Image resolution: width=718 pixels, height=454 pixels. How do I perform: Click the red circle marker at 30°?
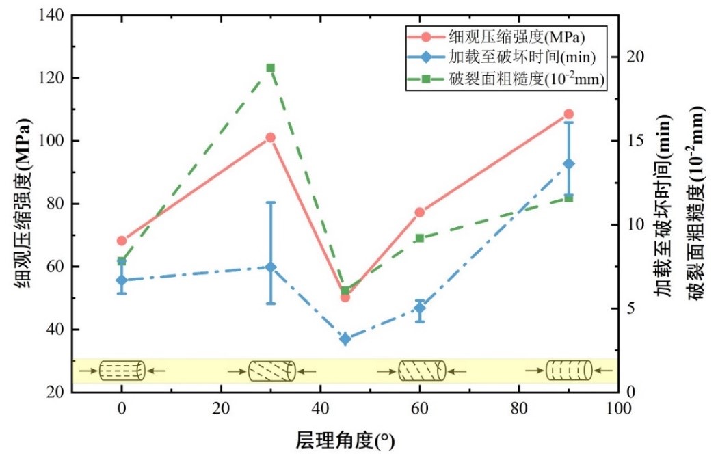pyautogui.click(x=270, y=137)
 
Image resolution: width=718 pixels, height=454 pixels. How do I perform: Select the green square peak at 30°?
pyautogui.click(x=270, y=68)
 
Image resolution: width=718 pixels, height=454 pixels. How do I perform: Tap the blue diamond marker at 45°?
pyautogui.click(x=345, y=339)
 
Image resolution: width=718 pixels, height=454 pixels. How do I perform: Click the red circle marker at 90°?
pyautogui.click(x=568, y=114)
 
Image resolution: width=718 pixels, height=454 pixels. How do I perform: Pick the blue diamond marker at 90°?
pyautogui.click(x=568, y=163)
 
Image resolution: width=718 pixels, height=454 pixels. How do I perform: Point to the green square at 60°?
pyautogui.click(x=419, y=238)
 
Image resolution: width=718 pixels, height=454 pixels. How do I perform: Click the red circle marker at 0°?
pyautogui.click(x=122, y=241)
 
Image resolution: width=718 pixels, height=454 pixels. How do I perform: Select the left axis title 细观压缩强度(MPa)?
pyautogui.click(x=23, y=204)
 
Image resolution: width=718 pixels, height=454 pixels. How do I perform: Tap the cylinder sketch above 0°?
pyautogui.click(x=122, y=371)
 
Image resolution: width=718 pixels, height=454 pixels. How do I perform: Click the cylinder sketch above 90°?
pyautogui.click(x=568, y=371)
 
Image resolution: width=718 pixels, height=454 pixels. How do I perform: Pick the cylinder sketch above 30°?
pyautogui.click(x=271, y=371)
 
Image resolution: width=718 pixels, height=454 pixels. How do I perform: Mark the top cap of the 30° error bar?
pyautogui.click(x=270, y=202)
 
